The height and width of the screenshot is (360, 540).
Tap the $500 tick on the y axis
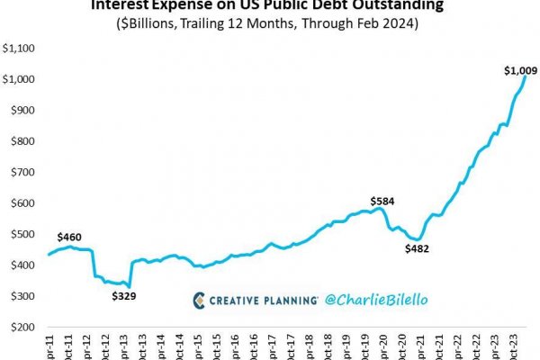click(21, 235)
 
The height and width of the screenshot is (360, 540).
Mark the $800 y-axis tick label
click(21, 142)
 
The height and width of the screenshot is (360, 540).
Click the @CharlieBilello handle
click(370, 299)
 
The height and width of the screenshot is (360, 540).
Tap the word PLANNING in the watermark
click(288, 299)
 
